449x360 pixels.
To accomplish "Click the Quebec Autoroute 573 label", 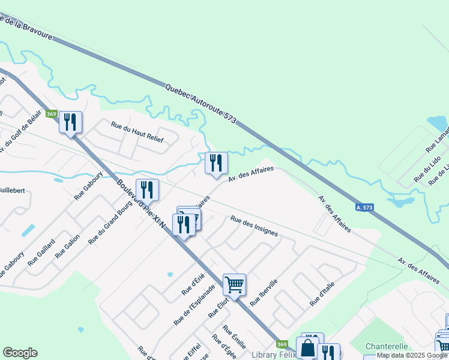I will (200, 104).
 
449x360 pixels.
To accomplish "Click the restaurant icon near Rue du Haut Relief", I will (70, 123).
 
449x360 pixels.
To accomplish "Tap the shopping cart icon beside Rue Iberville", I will (234, 284).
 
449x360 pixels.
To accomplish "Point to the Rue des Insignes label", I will (254, 226).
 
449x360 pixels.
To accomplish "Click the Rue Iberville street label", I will (264, 293).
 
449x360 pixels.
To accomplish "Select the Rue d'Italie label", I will (322, 296).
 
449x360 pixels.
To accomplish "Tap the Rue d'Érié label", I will (194, 284).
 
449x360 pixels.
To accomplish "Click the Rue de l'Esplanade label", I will (194, 304).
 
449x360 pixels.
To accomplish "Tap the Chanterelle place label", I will (387, 347).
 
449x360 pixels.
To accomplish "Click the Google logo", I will (20, 353).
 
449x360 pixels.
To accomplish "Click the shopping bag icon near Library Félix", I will (307, 347).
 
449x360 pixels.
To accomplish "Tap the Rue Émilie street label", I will (231, 338).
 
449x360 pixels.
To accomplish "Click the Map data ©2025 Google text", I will (412, 355).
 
